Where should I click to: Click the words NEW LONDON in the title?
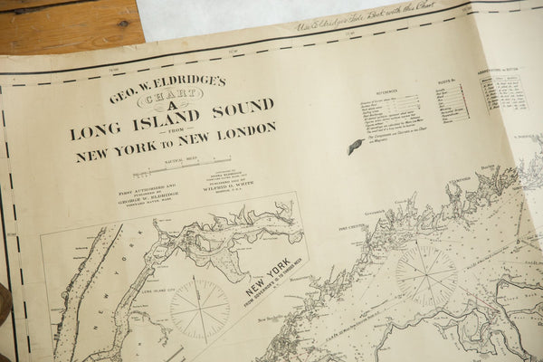click(232, 133)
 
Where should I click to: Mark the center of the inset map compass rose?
click(200, 308)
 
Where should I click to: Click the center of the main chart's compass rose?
click(426, 274)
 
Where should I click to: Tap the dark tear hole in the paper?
click(355, 146)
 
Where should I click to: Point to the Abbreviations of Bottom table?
click(503, 91)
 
